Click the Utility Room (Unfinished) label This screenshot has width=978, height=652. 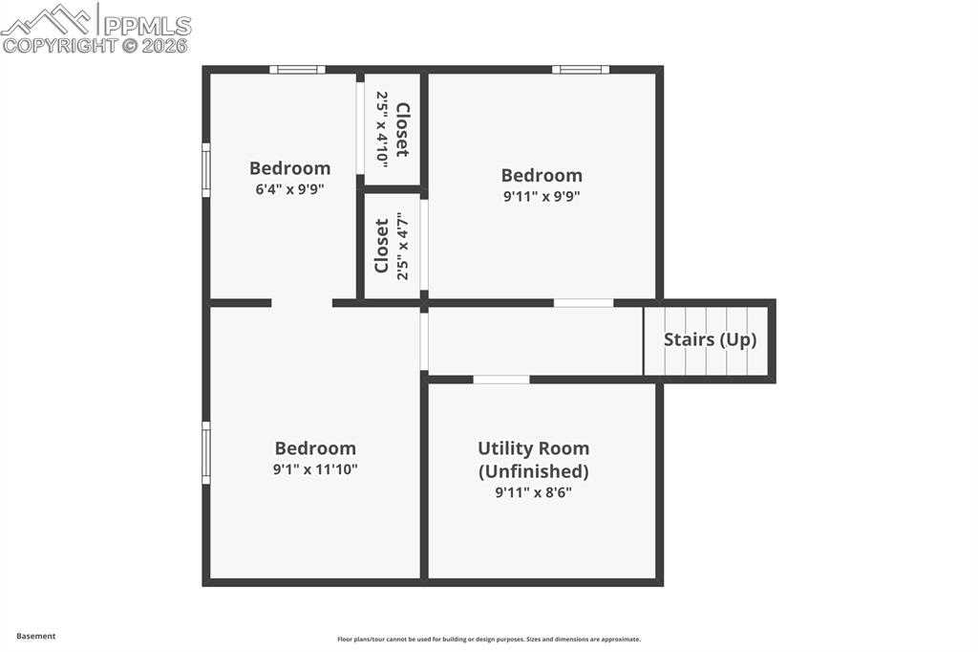tap(533, 459)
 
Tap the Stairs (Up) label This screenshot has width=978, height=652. tap(710, 339)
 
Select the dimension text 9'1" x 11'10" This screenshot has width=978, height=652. tap(315, 469)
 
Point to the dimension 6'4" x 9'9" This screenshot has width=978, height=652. tap(289, 189)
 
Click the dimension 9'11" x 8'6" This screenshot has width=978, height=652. tap(533, 492)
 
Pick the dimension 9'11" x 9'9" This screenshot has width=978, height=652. tap(542, 196)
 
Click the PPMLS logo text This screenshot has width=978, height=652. tap(147, 25)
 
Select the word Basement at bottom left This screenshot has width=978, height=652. tap(36, 636)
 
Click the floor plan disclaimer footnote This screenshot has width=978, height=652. tap(488, 640)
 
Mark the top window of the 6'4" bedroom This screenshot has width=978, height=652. tap(297, 70)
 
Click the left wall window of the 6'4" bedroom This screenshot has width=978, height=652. tap(206, 170)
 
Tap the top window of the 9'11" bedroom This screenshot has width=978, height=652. tap(581, 70)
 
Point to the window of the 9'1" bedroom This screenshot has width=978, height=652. tap(206, 452)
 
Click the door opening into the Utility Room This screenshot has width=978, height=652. tap(501, 380)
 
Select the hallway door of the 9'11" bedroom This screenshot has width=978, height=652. tap(584, 303)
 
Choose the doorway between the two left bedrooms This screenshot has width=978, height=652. tap(302, 303)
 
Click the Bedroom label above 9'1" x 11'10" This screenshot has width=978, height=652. tap(315, 448)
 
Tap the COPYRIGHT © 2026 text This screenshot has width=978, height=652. tap(96, 45)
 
